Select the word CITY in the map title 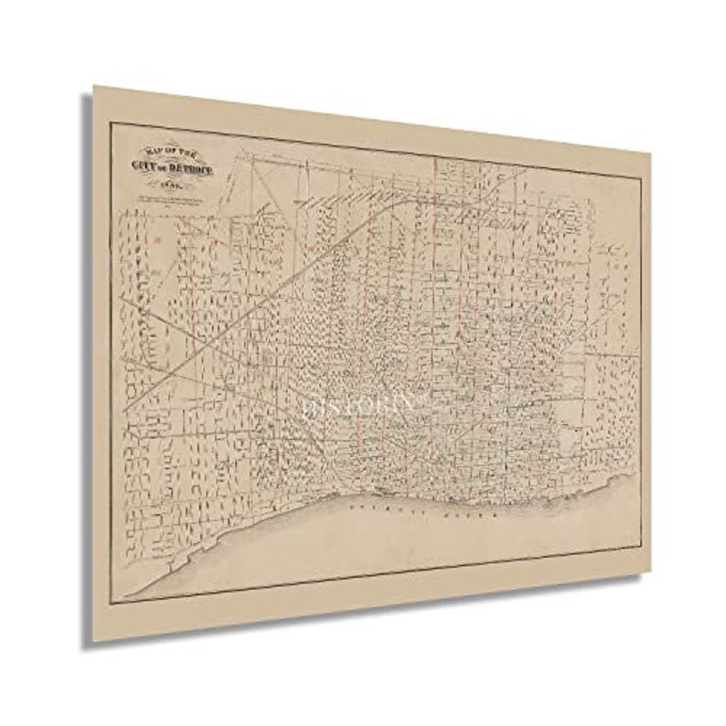point(145,164)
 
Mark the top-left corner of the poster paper point(93,87)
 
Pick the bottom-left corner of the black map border point(111,603)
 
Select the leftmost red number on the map point(156,240)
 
